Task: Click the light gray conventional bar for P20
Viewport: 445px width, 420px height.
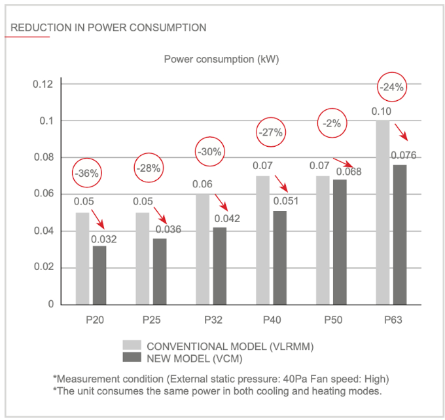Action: point(82,258)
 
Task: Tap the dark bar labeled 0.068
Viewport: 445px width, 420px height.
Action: point(339,242)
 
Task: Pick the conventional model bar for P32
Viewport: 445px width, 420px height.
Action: point(202,249)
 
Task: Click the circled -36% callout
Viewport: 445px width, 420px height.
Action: point(87,174)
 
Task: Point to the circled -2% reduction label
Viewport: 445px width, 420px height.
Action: point(331,123)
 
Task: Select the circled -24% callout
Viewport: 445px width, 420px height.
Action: point(393,87)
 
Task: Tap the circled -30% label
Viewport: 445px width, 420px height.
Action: point(209,152)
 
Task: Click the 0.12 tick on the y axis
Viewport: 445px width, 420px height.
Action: point(43,85)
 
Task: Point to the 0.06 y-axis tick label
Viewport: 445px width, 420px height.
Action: point(43,195)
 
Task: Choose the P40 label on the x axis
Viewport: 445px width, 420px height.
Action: point(272,320)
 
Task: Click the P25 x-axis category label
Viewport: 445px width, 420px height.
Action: point(152,320)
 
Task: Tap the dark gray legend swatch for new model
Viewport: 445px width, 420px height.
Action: point(132,357)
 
